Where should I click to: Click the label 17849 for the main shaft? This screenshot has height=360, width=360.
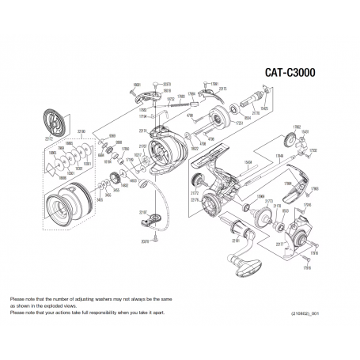coord(279,157)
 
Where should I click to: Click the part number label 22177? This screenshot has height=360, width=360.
coord(279,245)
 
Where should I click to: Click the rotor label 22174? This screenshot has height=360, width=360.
coord(143,130)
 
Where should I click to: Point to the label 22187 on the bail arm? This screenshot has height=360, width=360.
coord(142,212)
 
